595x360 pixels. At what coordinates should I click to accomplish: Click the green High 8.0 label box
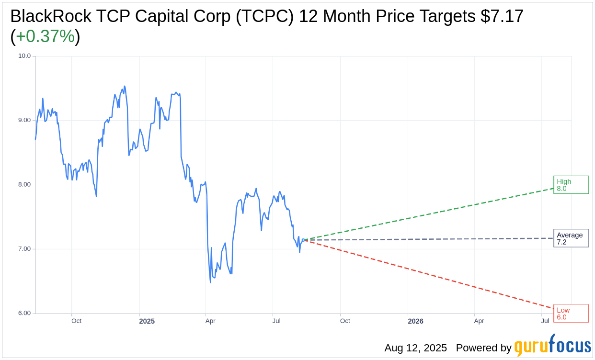coord(571,185)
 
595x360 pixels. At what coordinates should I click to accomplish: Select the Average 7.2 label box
coord(571,238)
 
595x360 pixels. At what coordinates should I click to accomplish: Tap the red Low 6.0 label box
coord(571,313)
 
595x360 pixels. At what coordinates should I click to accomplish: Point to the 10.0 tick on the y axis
coord(24,56)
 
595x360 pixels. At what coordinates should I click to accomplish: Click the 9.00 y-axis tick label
coord(24,120)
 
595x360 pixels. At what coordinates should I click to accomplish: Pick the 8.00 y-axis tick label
coord(24,185)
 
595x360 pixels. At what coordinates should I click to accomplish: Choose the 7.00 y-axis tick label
coord(24,249)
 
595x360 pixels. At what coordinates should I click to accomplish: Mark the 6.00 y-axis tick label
coord(24,313)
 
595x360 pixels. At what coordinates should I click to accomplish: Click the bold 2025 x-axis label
coord(147,321)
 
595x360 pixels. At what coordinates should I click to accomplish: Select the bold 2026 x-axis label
coord(415,321)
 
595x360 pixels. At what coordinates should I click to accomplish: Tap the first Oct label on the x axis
coord(76,321)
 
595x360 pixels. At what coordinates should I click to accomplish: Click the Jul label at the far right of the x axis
coord(545,321)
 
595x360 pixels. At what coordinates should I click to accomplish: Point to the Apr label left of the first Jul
coord(210,321)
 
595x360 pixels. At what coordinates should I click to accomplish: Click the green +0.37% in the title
coord(45,36)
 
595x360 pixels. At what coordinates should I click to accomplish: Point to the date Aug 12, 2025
coord(415,348)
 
